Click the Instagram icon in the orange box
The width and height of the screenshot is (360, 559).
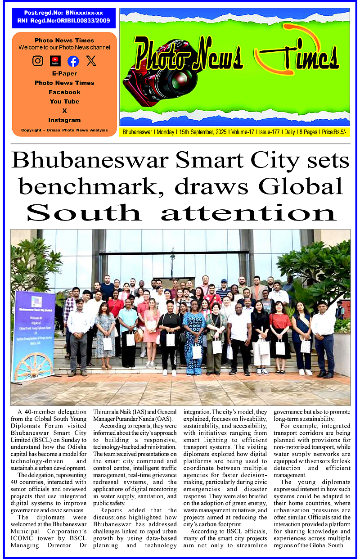38,61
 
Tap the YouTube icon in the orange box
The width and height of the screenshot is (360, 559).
55,61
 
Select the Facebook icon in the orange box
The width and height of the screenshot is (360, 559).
73,61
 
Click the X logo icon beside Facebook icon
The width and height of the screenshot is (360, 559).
91,61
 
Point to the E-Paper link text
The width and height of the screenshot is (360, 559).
64,73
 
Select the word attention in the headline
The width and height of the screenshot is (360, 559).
248,213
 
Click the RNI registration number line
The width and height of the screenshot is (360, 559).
64,21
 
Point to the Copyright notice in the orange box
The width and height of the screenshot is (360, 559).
64,130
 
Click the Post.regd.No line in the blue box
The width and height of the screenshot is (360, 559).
64,14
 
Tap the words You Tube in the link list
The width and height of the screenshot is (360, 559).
64,101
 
